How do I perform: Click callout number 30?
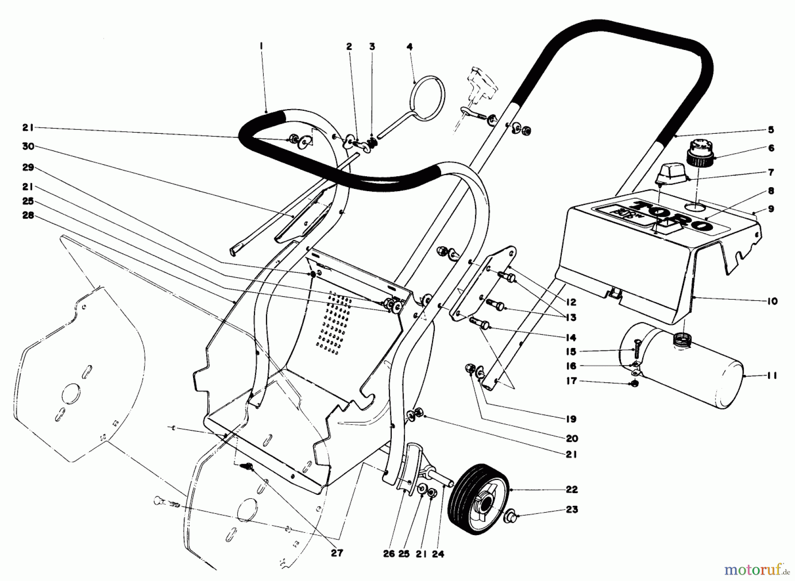tap(28, 146)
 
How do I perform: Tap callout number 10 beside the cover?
tap(772, 302)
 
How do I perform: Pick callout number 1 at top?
tap(261, 45)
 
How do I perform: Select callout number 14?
tap(571, 338)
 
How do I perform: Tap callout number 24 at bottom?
tap(438, 554)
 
